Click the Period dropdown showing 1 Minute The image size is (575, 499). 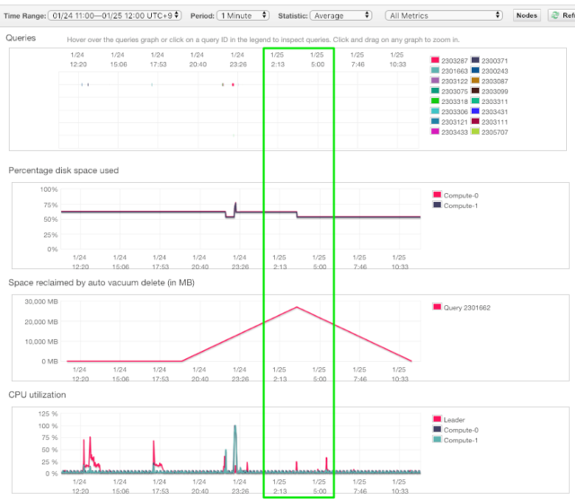click(243, 15)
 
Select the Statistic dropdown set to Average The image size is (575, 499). click(341, 15)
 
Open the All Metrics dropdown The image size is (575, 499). click(443, 15)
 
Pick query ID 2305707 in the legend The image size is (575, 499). click(495, 132)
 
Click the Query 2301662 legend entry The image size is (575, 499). click(467, 307)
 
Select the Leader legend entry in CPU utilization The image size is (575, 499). click(455, 419)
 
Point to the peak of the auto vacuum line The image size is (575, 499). click(296, 307)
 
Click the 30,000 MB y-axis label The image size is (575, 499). click(40, 302)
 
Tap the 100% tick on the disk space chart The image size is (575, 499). click(48, 189)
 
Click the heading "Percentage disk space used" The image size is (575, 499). click(63, 170)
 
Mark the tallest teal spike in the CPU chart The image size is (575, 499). click(234, 427)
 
